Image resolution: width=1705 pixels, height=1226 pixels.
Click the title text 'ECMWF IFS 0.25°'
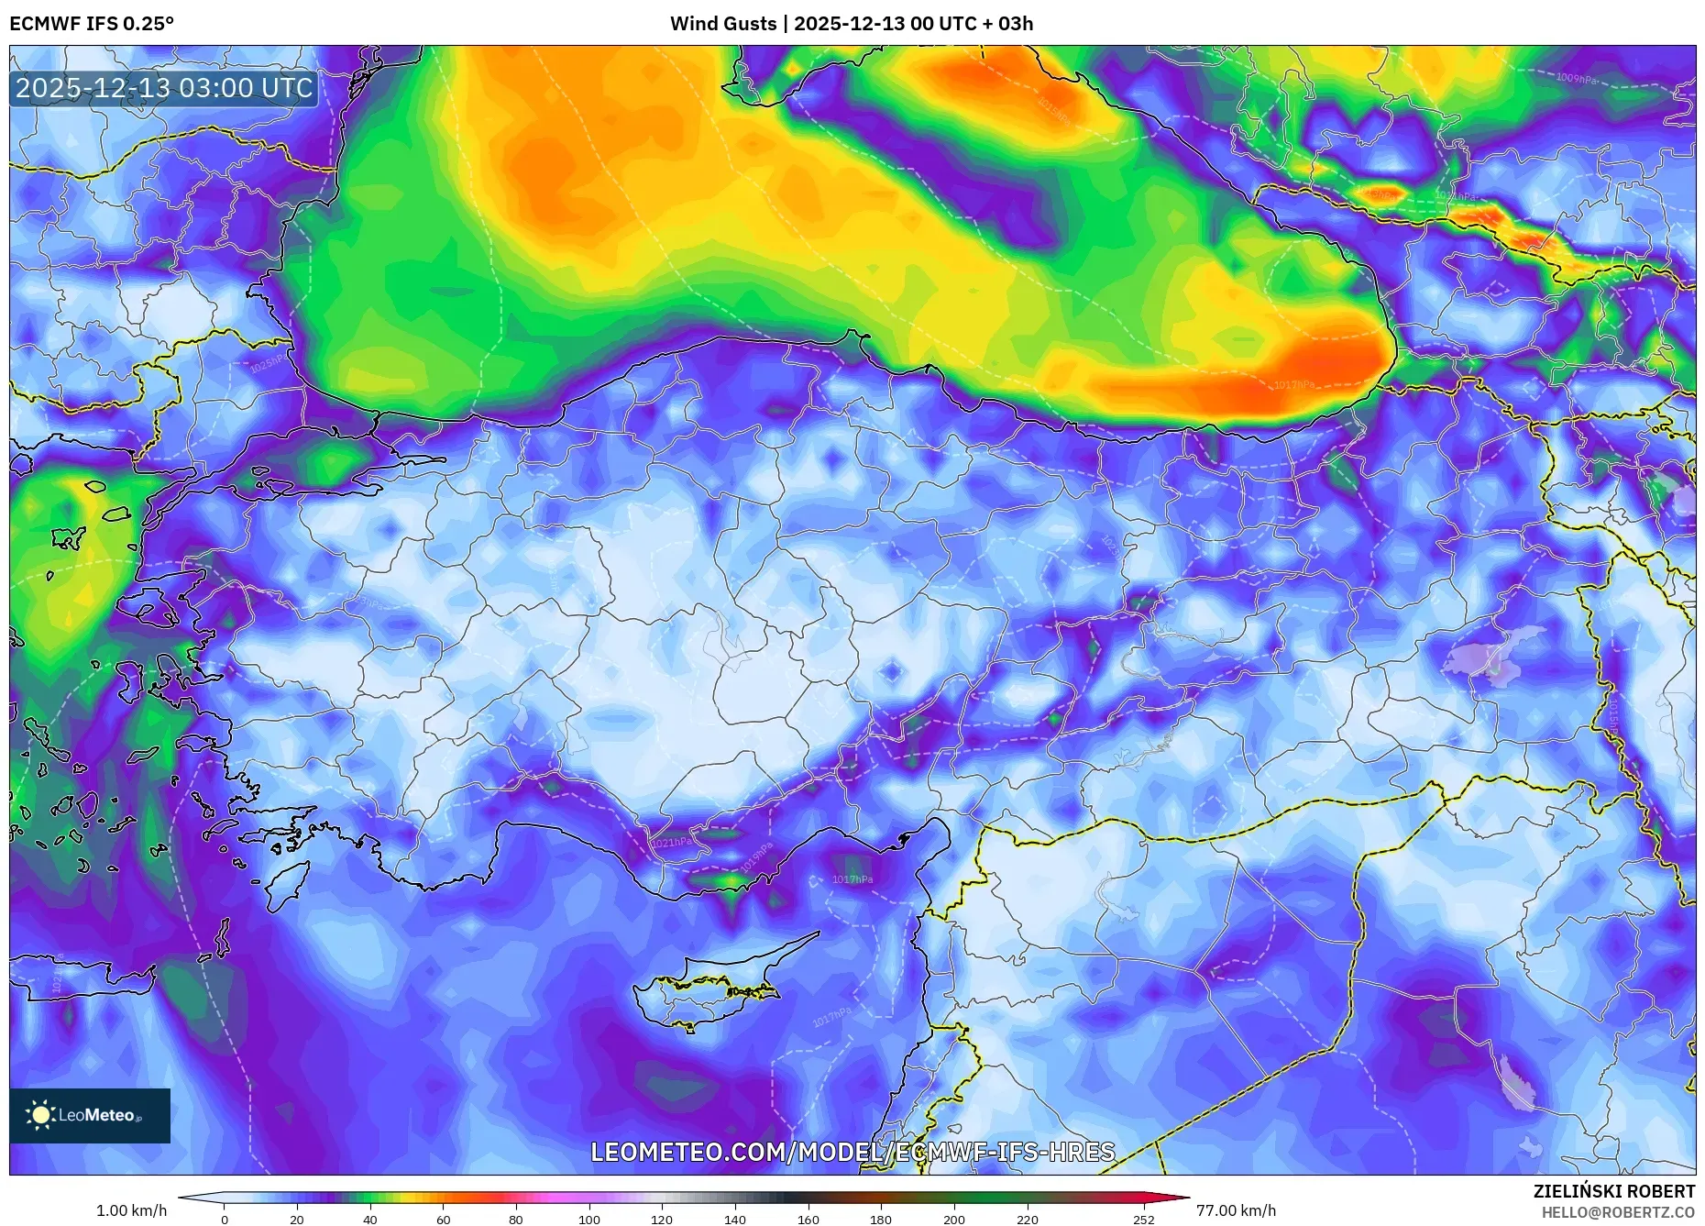(x=92, y=24)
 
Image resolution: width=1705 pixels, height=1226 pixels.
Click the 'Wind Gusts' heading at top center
(x=723, y=24)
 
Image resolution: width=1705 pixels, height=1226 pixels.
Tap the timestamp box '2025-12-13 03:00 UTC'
(x=164, y=88)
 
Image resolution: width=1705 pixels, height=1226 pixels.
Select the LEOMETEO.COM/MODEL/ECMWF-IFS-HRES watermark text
(x=852, y=1152)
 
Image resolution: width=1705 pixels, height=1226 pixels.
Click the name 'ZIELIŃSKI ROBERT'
(x=1613, y=1191)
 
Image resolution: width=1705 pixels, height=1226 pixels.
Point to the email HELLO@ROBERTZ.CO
(x=1618, y=1212)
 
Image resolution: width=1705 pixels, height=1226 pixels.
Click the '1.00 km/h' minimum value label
(x=132, y=1210)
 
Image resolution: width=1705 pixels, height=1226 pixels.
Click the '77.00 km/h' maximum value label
(x=1236, y=1210)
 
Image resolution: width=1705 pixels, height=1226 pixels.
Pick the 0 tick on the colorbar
(x=225, y=1220)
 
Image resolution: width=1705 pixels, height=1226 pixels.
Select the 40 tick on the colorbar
(x=370, y=1220)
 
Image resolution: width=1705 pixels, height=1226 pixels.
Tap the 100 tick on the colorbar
(x=589, y=1220)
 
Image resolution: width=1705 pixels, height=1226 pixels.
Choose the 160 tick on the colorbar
(x=808, y=1220)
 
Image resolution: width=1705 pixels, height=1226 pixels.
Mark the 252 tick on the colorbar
(x=1144, y=1220)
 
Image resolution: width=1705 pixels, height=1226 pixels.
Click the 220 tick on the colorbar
(x=1028, y=1220)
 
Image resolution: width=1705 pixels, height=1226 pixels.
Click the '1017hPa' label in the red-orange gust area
(x=1293, y=385)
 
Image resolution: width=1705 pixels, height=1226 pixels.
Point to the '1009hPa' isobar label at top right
(x=1577, y=79)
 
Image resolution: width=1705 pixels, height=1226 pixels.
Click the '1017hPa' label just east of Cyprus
(x=831, y=1017)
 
